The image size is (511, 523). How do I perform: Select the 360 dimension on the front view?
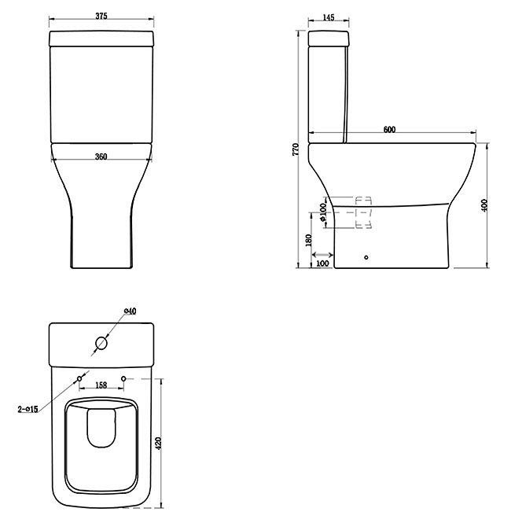[101, 157]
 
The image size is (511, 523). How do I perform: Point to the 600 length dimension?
[390, 130]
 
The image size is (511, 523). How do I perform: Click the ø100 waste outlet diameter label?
[323, 212]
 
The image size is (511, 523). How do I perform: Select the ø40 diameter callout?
[131, 311]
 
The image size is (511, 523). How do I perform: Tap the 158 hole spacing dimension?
[101, 385]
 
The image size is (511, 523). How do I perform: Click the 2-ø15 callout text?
[28, 408]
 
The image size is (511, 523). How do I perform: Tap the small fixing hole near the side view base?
[366, 256]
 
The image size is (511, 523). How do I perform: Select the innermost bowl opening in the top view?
[101, 429]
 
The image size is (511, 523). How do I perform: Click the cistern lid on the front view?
[101, 39]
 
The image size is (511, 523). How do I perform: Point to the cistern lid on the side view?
[329, 39]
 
